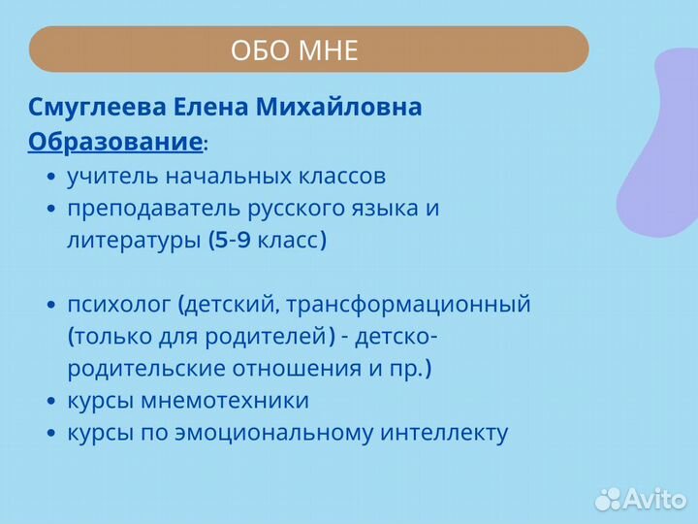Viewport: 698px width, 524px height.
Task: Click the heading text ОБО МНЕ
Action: pyautogui.click(x=295, y=49)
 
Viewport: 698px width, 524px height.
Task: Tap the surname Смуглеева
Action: pyautogui.click(x=85, y=108)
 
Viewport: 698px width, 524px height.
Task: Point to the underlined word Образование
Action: pyautogui.click(x=114, y=143)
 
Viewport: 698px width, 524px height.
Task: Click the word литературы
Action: pyautogui.click(x=133, y=241)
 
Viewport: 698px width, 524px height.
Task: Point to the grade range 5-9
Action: pyautogui.click(x=233, y=241)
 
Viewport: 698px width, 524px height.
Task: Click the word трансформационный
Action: pyautogui.click(x=419, y=305)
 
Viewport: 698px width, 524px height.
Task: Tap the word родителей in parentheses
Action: pyautogui.click(x=277, y=337)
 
